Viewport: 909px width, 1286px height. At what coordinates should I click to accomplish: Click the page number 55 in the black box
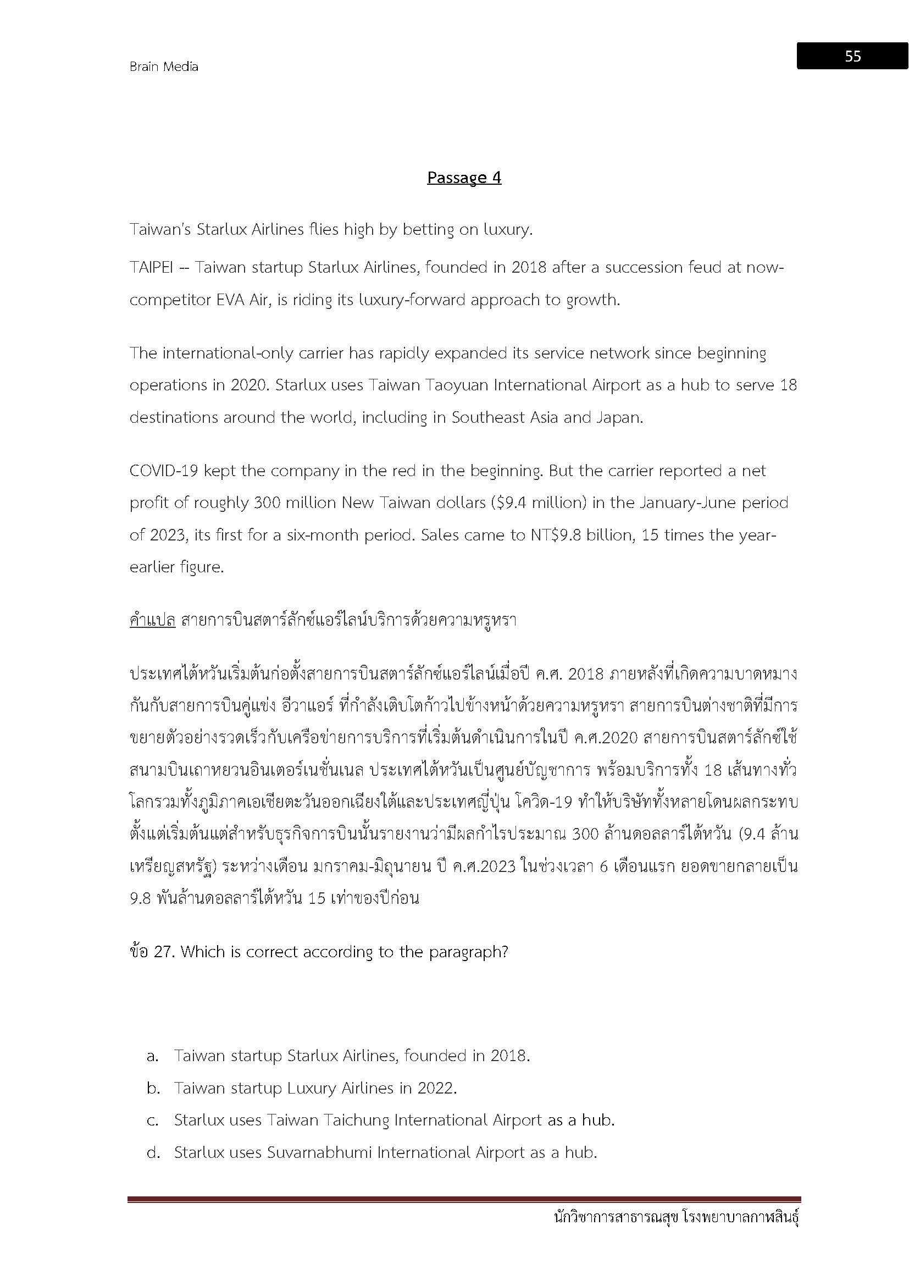[852, 56]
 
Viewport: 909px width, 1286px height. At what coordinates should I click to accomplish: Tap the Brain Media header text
[163, 67]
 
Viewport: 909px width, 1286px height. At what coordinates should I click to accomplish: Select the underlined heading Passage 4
[463, 178]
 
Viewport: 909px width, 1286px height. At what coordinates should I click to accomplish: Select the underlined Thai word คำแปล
[152, 621]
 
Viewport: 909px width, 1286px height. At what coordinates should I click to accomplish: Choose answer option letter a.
[152, 1056]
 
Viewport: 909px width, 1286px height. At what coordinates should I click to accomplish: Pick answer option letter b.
[153, 1088]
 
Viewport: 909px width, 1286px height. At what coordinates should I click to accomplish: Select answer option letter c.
[152, 1121]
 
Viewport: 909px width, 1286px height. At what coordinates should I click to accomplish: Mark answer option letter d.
[153, 1153]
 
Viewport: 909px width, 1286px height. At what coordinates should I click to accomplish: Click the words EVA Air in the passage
[241, 300]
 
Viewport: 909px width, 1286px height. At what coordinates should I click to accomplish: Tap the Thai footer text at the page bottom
[675, 1219]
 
